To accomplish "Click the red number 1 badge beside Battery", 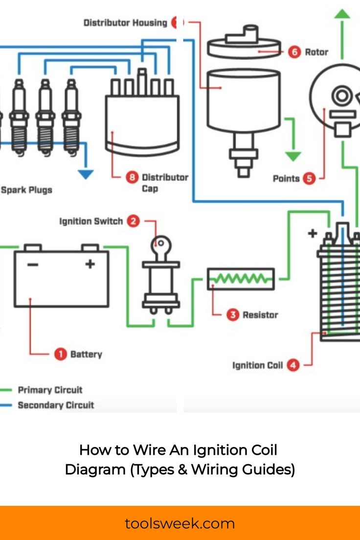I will (60, 354).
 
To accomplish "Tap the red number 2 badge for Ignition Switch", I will (133, 221).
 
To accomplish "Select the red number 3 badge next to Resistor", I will (233, 315).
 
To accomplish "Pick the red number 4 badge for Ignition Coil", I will (292, 365).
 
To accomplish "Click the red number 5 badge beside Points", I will (309, 179).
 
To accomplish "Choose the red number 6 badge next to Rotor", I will (294, 52).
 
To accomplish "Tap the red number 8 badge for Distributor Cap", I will (132, 177).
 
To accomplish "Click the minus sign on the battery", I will (33, 265).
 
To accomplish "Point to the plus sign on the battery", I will (90, 264).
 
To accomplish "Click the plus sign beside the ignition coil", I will (312, 233).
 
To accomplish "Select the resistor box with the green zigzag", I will (240, 279).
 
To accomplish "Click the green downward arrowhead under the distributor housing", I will (293, 156).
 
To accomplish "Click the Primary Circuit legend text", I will (50, 390).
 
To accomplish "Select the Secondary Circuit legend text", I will (56, 405).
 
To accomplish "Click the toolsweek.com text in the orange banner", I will (180, 524).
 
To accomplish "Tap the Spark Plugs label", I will (26, 190).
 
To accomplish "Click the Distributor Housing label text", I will (125, 22).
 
